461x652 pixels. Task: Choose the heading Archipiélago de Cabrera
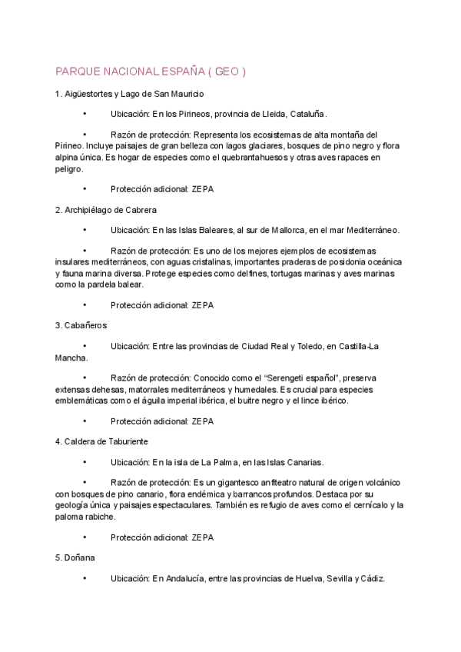coord(114,210)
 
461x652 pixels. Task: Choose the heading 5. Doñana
coord(74,557)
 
